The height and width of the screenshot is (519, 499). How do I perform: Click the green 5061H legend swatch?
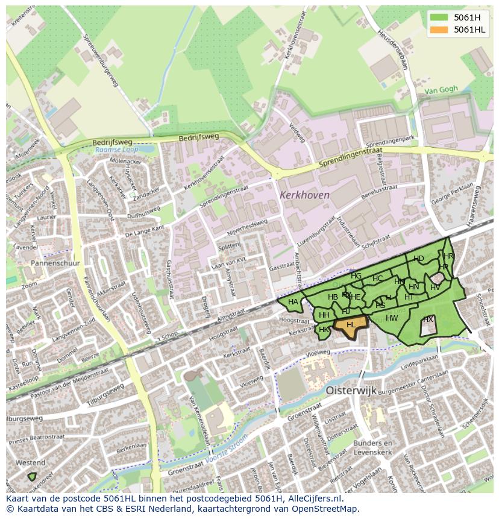438,17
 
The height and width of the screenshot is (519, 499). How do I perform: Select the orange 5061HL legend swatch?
438,30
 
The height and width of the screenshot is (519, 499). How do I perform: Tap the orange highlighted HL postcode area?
350,325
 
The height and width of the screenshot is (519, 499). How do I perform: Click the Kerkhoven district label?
304,195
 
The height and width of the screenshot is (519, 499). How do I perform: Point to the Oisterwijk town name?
351,390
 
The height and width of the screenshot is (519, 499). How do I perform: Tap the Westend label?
30,463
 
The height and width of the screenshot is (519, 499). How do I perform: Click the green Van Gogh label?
441,90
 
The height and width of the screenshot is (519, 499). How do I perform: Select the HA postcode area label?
293,302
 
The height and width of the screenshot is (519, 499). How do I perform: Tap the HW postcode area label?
392,318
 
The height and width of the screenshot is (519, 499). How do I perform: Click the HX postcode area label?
428,319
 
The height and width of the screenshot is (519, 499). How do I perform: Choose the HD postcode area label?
419,259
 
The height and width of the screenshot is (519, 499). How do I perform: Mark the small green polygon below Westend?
32,476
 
